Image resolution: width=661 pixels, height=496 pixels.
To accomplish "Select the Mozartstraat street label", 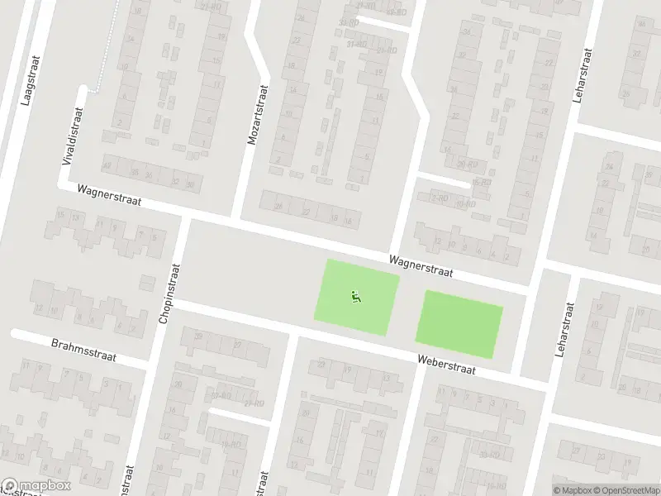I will coord(259,115).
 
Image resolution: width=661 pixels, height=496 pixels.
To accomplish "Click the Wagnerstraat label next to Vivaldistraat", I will coord(110,195).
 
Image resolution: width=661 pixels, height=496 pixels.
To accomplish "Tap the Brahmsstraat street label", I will coord(83,350).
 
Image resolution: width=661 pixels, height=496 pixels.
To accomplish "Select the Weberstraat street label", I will coord(447,365).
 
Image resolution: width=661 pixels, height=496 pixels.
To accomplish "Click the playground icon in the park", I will coord(356,296).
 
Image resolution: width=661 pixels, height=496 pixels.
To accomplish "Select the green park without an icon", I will coord(459,324).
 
